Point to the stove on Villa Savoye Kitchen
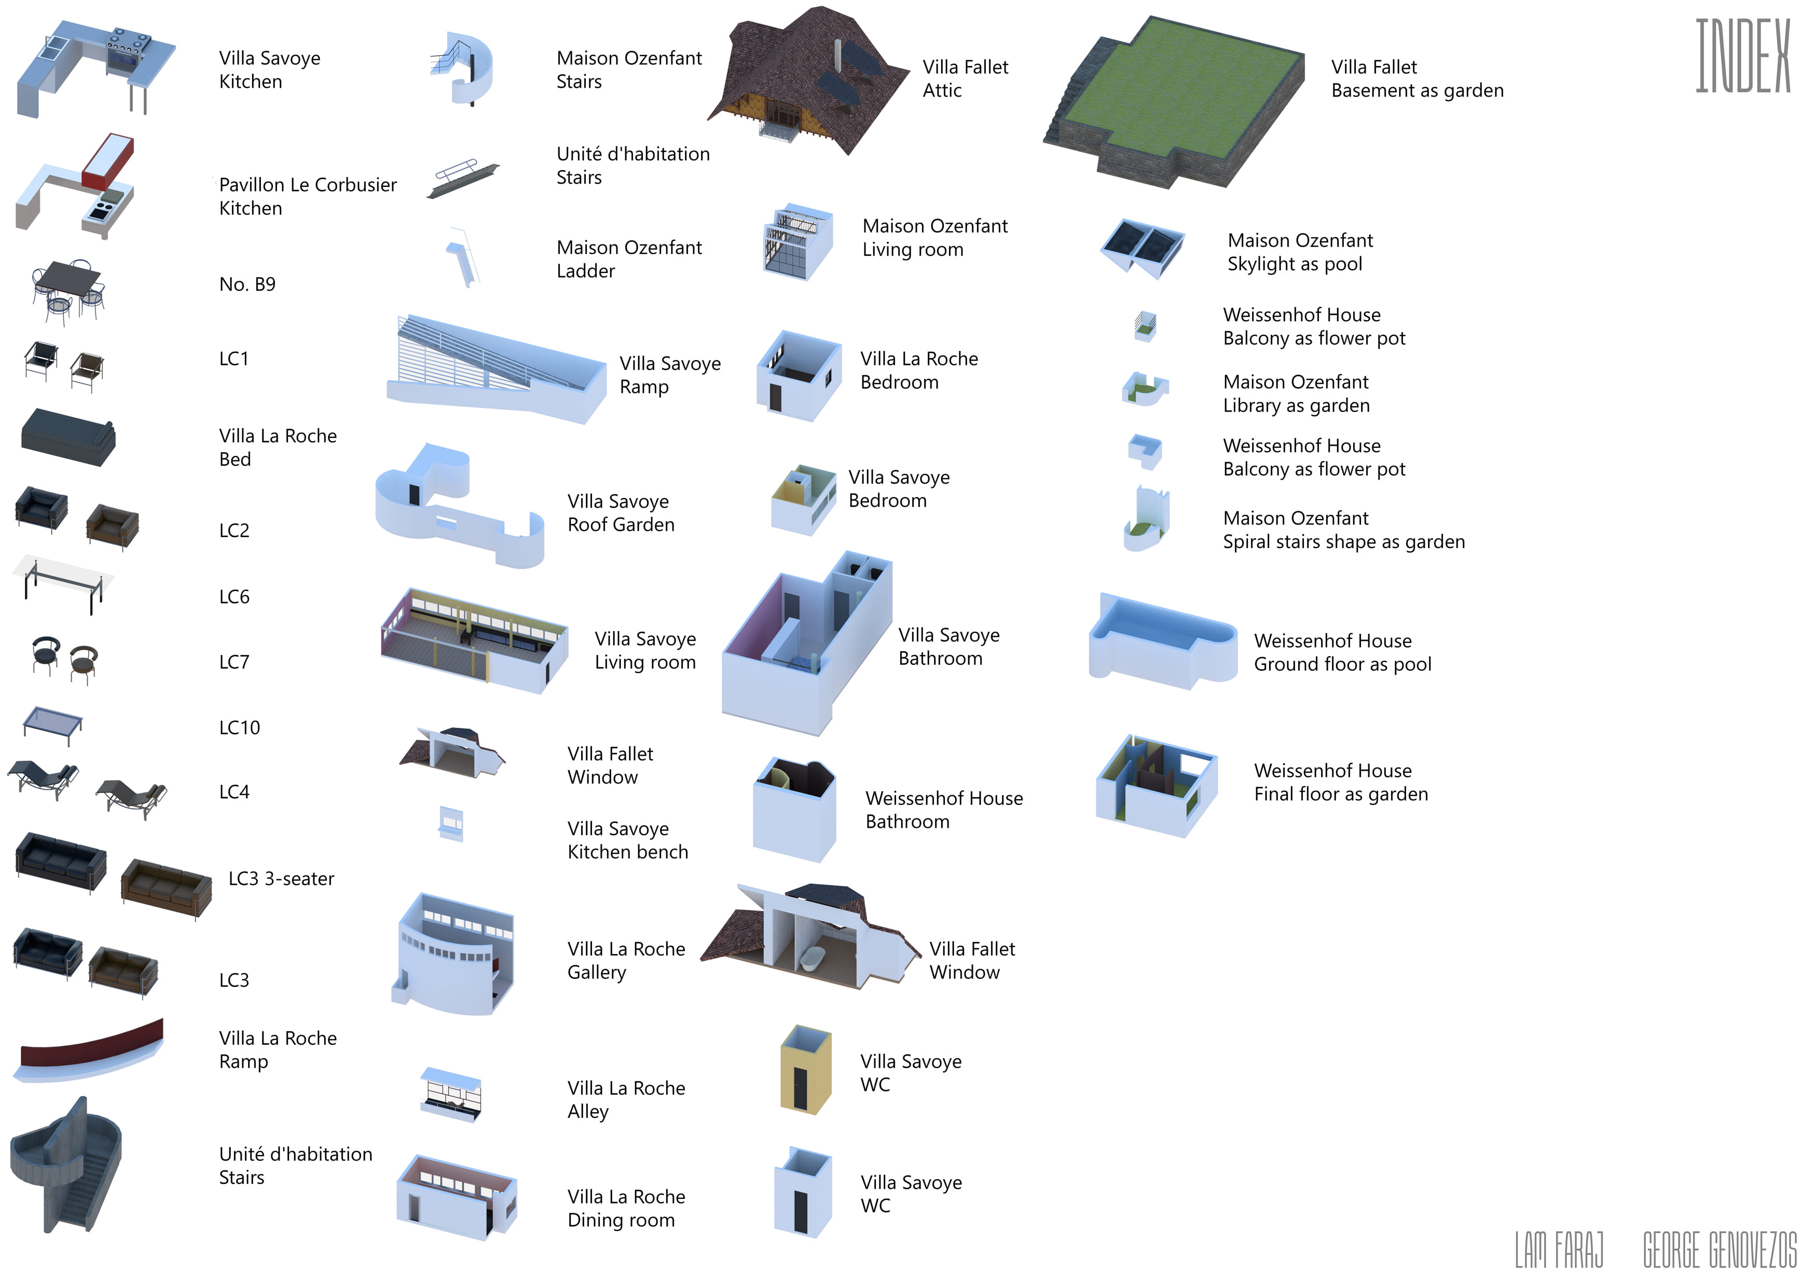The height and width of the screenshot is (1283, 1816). tap(127, 51)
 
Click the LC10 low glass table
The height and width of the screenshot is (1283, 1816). tap(52, 725)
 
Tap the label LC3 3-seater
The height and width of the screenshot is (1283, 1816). tap(281, 879)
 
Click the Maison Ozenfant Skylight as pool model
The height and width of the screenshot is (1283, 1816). tap(1142, 249)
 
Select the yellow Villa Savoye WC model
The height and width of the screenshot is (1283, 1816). tap(806, 1070)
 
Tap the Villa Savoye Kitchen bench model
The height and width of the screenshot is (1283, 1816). tap(451, 824)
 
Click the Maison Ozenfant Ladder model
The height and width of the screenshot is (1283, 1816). tap(463, 257)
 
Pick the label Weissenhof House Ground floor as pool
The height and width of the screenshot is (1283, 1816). tap(1342, 652)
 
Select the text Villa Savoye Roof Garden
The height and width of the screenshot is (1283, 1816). tap(621, 513)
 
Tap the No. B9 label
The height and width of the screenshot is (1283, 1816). tap(247, 284)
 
